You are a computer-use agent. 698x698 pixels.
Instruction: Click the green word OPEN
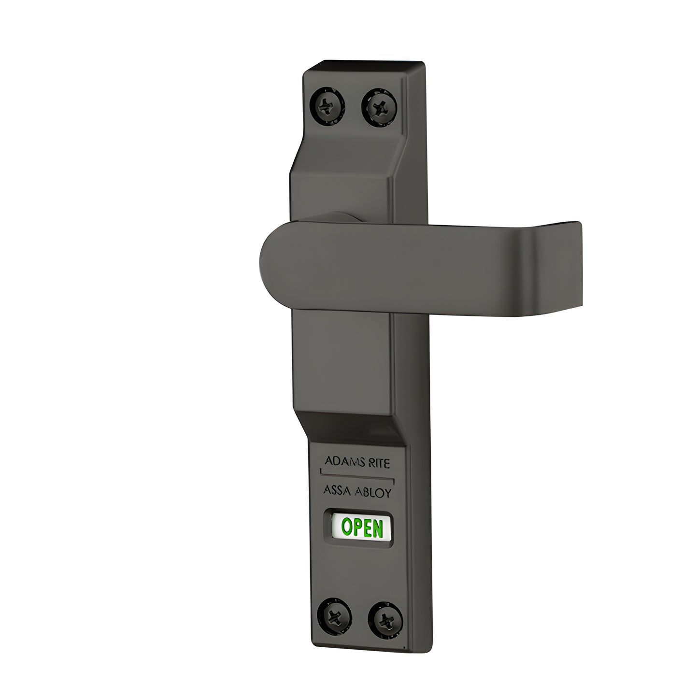pos(362,528)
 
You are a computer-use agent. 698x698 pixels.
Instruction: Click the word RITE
pos(378,463)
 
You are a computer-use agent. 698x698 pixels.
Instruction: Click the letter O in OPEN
pos(347,528)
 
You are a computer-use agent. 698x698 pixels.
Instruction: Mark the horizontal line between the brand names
pos(357,476)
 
